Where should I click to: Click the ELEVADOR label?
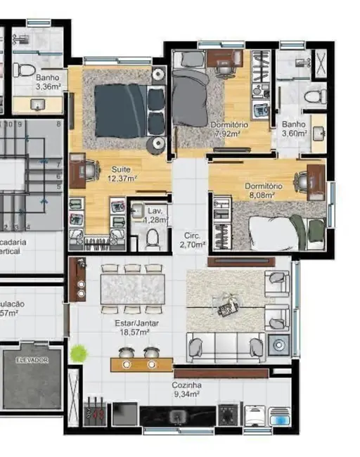click(32, 359)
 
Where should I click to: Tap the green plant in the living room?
click(79, 354)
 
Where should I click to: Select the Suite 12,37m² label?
click(122, 174)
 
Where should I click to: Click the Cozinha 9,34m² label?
click(186, 390)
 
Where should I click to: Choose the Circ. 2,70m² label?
click(192, 240)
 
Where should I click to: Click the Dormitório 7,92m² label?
click(226, 129)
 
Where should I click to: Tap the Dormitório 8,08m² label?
click(264, 190)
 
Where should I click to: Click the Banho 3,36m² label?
click(49, 83)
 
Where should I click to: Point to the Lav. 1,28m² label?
click(154, 214)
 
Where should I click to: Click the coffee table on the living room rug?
click(229, 306)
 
